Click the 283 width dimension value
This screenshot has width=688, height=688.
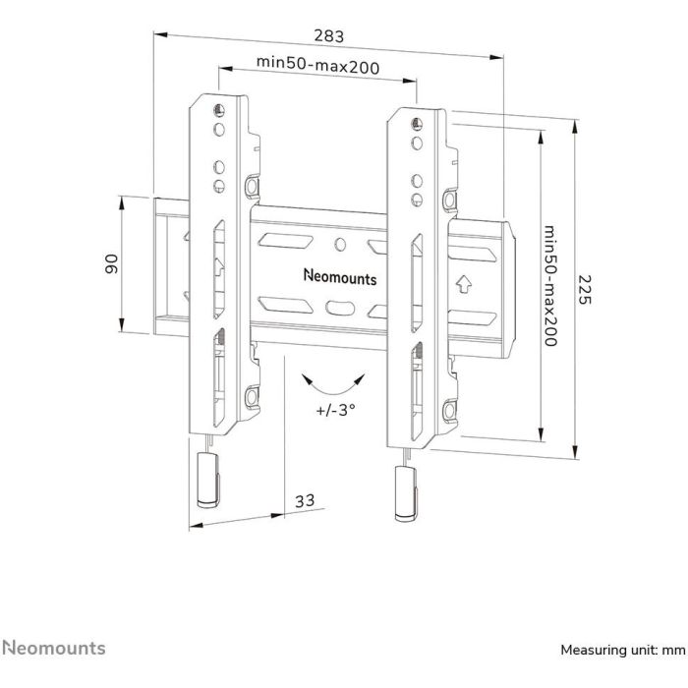pyautogui.click(x=329, y=36)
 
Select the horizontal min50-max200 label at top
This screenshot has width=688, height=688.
pyautogui.click(x=317, y=63)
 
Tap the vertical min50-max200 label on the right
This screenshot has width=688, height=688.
pyautogui.click(x=550, y=284)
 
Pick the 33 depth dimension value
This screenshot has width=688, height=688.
pyautogui.click(x=305, y=501)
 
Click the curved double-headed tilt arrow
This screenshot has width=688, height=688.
pyautogui.click(x=334, y=382)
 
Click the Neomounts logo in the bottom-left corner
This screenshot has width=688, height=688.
pyautogui.click(x=54, y=648)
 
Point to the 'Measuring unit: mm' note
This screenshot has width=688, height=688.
pyautogui.click(x=621, y=650)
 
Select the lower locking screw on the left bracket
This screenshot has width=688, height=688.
pyautogui.click(x=252, y=395)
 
